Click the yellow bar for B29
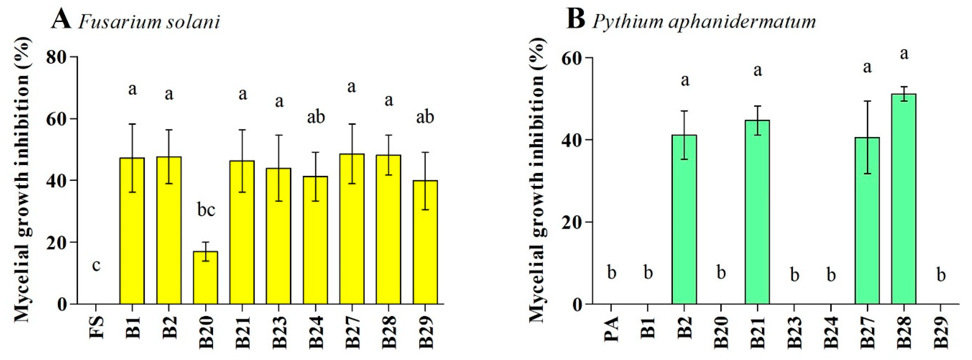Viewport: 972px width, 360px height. tap(425, 242)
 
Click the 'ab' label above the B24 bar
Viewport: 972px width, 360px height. tap(316, 117)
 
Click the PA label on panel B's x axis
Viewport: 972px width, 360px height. tap(611, 329)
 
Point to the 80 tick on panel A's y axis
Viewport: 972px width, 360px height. tap(57, 57)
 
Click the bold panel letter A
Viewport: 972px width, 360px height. tap(61, 20)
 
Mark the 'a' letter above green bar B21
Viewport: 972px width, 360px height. tap(757, 71)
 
